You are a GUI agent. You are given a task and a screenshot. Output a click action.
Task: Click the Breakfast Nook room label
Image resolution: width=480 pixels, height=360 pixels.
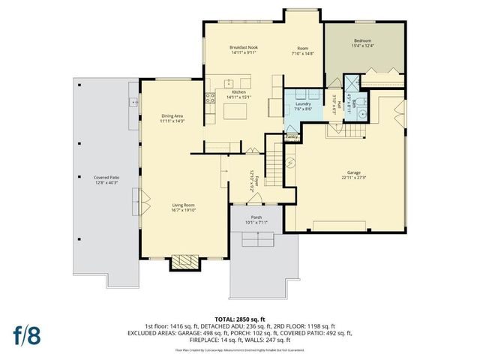pos(243,47)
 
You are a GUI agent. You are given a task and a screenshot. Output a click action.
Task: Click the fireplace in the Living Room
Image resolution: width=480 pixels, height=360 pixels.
pos(184,262)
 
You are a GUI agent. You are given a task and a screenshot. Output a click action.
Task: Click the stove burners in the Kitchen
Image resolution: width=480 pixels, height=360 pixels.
pos(209,97)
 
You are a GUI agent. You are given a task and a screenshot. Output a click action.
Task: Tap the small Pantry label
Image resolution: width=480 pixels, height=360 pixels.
pos(292,137)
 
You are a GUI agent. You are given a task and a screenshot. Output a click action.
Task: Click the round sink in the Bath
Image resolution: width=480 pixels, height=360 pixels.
pos(361,115)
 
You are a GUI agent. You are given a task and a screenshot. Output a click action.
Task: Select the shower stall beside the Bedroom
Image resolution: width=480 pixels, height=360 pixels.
pos(352,82)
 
